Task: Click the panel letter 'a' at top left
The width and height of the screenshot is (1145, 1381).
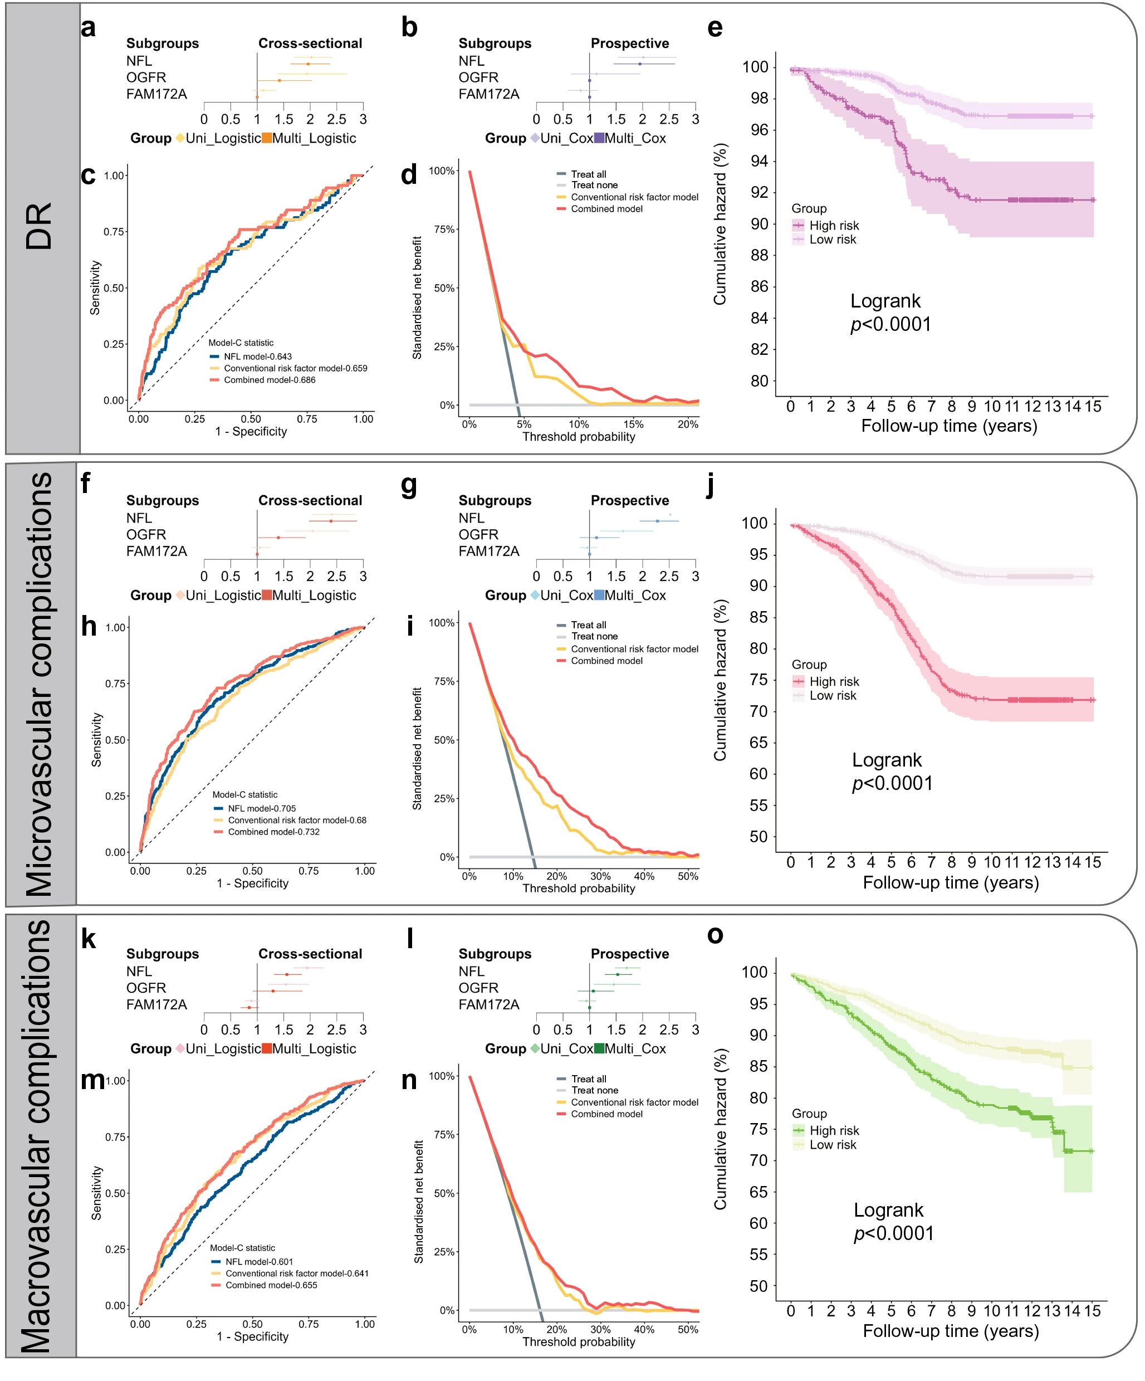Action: pos(88,29)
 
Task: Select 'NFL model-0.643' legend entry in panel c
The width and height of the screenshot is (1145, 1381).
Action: pos(258,357)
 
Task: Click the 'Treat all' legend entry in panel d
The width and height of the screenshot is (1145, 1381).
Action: pos(588,174)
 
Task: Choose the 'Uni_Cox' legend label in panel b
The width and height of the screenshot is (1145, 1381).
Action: pos(566,138)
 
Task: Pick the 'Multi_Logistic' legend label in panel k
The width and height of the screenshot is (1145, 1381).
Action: pos(314,1049)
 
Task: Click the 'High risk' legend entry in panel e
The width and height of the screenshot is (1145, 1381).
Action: pos(834,226)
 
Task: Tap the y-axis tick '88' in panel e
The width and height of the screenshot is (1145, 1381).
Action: pos(759,255)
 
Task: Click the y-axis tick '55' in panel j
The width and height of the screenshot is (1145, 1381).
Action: pos(758,806)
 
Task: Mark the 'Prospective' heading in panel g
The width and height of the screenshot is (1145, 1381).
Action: pos(630,500)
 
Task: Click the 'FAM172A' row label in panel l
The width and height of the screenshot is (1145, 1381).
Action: pos(488,1005)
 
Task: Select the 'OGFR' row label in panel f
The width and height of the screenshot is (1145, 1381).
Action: pos(146,535)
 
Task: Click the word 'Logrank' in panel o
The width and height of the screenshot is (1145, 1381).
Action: pos(888,1210)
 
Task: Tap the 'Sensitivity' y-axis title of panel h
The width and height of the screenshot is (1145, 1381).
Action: pos(96,740)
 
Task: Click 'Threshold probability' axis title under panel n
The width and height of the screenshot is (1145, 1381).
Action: pos(579,1341)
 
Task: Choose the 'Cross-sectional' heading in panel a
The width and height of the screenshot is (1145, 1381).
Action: pos(310,43)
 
